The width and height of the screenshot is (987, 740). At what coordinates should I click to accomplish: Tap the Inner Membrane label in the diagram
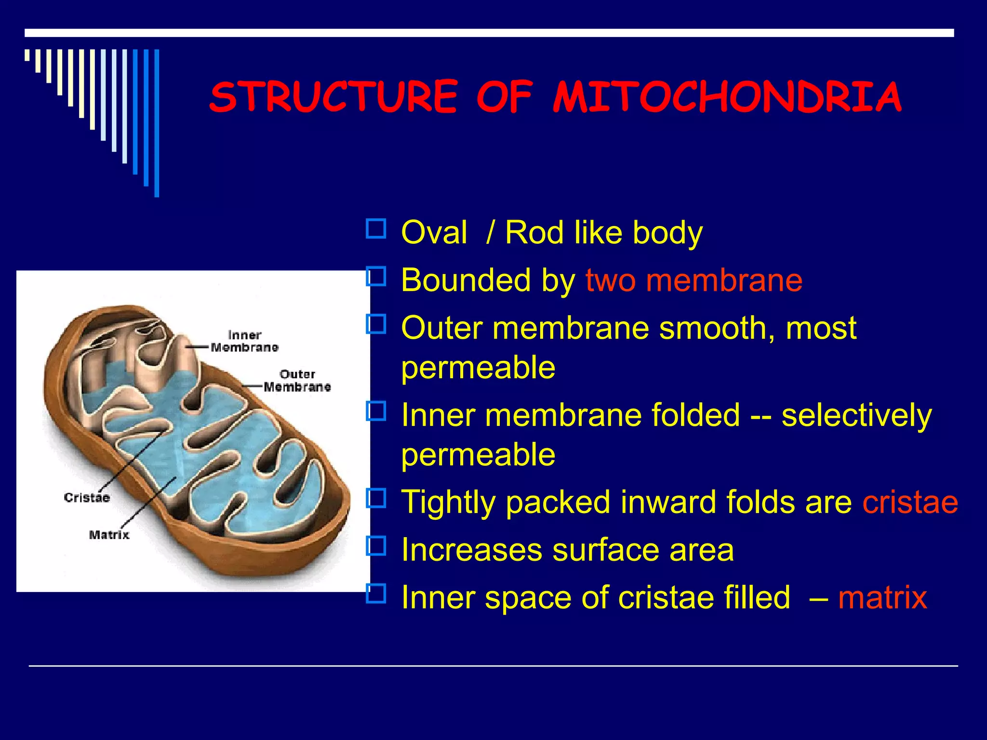coord(244,341)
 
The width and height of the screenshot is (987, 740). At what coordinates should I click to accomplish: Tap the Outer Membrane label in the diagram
coord(297,381)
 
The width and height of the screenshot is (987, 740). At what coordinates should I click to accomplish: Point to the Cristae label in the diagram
coord(87,497)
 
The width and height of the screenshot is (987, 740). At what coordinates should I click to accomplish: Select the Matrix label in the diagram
coord(109,535)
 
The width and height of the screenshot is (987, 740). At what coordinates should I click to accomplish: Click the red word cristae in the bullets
coord(910,502)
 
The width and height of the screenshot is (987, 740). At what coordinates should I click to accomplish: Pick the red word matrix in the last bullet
coord(882,597)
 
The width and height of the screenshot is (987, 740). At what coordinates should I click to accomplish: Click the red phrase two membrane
coord(694,280)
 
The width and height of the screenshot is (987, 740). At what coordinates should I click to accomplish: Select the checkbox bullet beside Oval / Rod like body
coord(376,229)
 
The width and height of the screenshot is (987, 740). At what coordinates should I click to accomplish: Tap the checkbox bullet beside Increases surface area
coord(376,546)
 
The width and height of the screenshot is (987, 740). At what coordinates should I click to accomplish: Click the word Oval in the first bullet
coord(434,232)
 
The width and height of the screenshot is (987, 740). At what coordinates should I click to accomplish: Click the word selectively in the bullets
coord(856,415)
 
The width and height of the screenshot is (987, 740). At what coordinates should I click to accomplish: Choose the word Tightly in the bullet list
coord(448,502)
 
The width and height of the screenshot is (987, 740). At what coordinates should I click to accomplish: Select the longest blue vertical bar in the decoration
coord(157,123)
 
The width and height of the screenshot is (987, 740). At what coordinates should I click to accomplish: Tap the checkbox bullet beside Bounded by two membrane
coord(376,277)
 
